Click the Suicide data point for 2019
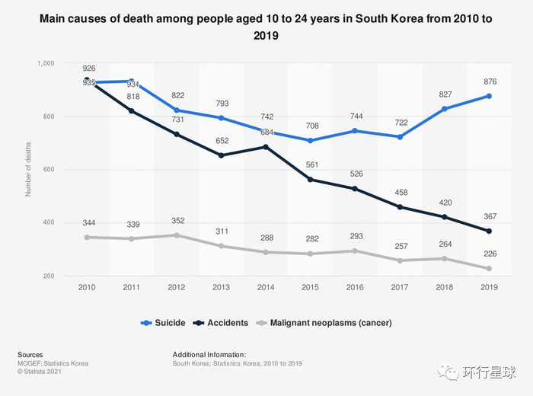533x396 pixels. (489, 96)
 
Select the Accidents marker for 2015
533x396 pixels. (309, 180)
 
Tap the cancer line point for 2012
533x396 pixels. (176, 235)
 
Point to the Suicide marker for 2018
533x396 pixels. (444, 109)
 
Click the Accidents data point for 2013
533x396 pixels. (221, 155)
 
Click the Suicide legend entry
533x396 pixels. (162, 323)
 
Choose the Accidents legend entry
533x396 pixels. (220, 323)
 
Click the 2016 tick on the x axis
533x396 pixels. (354, 288)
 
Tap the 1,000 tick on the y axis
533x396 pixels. (46, 63)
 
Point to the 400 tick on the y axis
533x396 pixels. (50, 222)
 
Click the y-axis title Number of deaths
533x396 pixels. (28, 169)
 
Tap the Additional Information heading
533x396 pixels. (209, 354)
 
